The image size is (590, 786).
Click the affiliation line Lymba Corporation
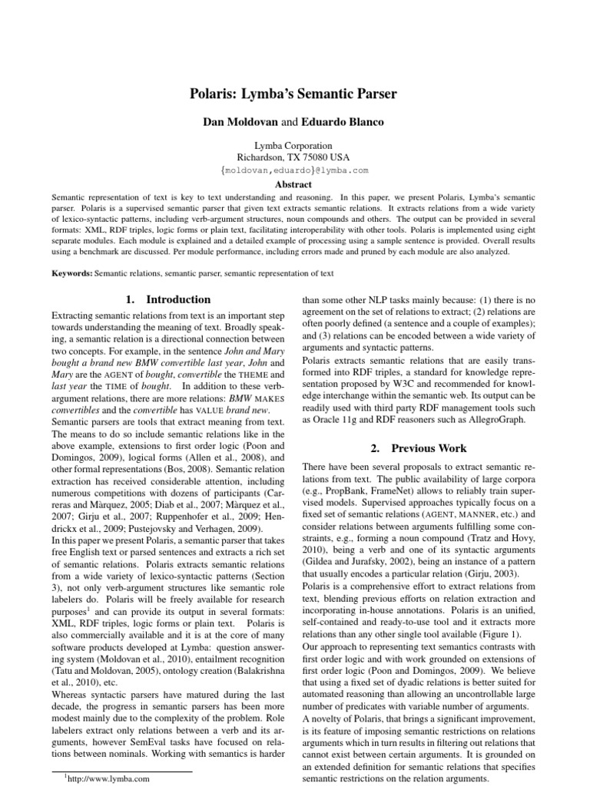[294, 146]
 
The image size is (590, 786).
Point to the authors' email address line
[294, 170]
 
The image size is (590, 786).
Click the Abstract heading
[294, 185]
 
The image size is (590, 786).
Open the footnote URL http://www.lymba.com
[105, 778]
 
